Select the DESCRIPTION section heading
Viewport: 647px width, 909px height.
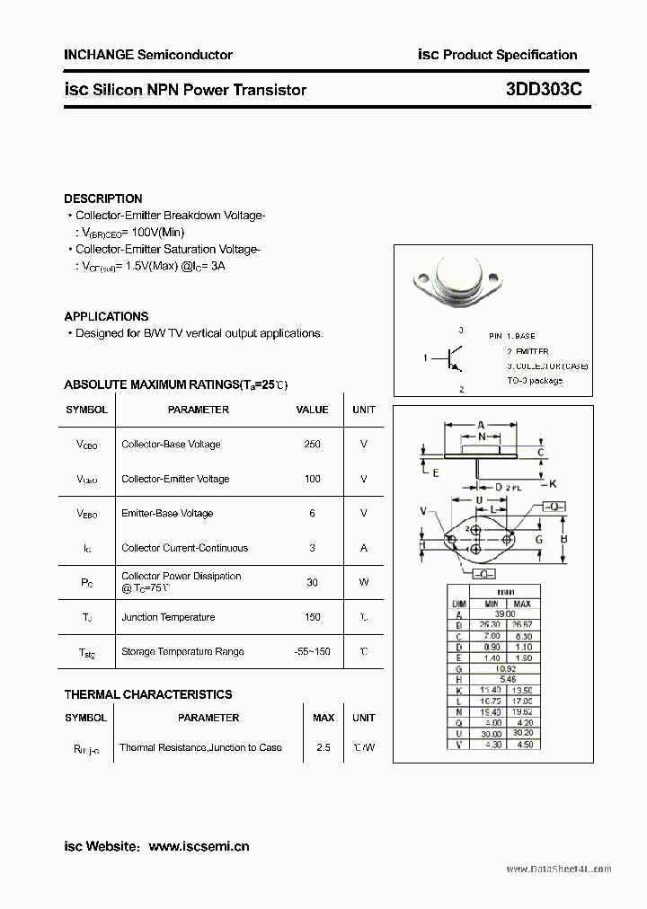pos(103,199)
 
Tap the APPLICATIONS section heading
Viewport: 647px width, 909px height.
pos(106,316)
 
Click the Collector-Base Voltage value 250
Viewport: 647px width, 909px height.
pos(312,445)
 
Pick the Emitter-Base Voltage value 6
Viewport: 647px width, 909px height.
pos(312,514)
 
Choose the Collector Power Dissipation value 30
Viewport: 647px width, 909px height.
pos(312,582)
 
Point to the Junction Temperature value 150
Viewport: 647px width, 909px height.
pos(312,617)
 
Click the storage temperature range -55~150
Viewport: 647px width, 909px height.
pos(312,651)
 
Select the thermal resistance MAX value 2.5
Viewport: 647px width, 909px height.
pos(323,747)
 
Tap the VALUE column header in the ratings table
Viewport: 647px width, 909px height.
pos(312,410)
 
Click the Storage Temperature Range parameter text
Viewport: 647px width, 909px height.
pos(182,651)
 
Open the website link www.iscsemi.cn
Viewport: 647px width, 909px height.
pos(199,846)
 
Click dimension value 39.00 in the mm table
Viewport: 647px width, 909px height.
pos(505,614)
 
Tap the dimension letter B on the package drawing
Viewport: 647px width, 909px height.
pos(563,539)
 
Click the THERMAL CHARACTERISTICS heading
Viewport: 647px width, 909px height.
pos(148,694)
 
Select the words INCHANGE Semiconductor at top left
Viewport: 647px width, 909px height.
pos(148,55)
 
